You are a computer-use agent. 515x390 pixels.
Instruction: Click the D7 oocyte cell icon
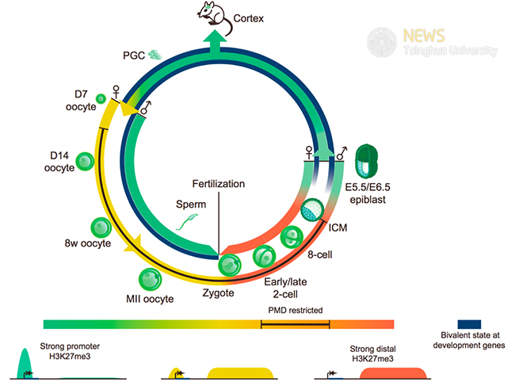101,98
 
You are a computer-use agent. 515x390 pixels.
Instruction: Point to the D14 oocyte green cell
85,162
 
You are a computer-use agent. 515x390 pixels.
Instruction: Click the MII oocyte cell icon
151,279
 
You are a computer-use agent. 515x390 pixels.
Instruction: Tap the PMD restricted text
295,311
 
